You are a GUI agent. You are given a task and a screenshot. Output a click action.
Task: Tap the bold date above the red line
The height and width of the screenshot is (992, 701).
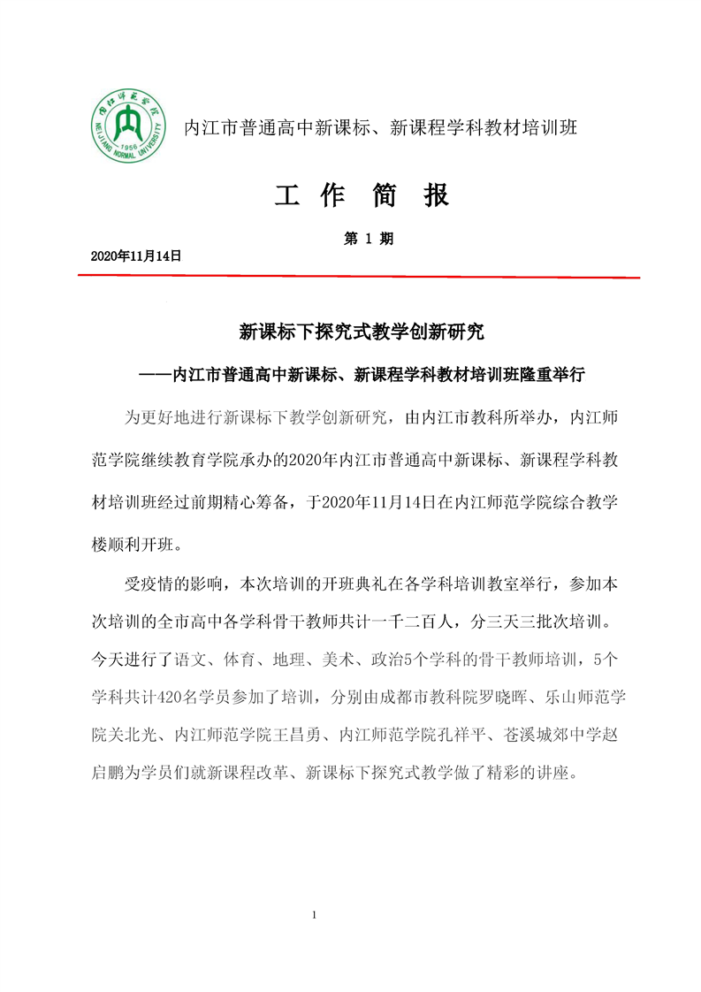click(136, 256)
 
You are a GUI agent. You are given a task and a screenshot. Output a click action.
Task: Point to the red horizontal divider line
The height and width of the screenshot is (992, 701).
click(358, 277)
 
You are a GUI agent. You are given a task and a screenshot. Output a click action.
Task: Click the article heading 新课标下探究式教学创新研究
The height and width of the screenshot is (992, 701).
click(362, 332)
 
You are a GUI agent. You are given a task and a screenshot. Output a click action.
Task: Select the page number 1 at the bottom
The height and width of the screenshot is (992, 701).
click(315, 914)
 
